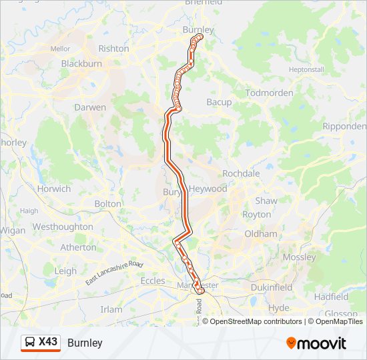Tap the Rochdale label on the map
tap(241, 173)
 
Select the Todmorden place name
tap(270, 93)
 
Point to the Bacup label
tap(219, 102)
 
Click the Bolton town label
tap(108, 203)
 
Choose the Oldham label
tap(261, 234)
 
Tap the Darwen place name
tap(90, 107)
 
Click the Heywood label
tap(208, 189)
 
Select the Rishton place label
tap(113, 49)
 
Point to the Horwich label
tap(54, 189)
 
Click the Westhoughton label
tap(63, 227)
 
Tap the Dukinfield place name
tap(272, 287)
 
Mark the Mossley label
tap(300, 257)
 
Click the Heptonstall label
tap(306, 69)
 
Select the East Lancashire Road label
tap(114, 273)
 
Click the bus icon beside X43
tap(30, 343)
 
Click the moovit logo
tap(316, 343)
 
